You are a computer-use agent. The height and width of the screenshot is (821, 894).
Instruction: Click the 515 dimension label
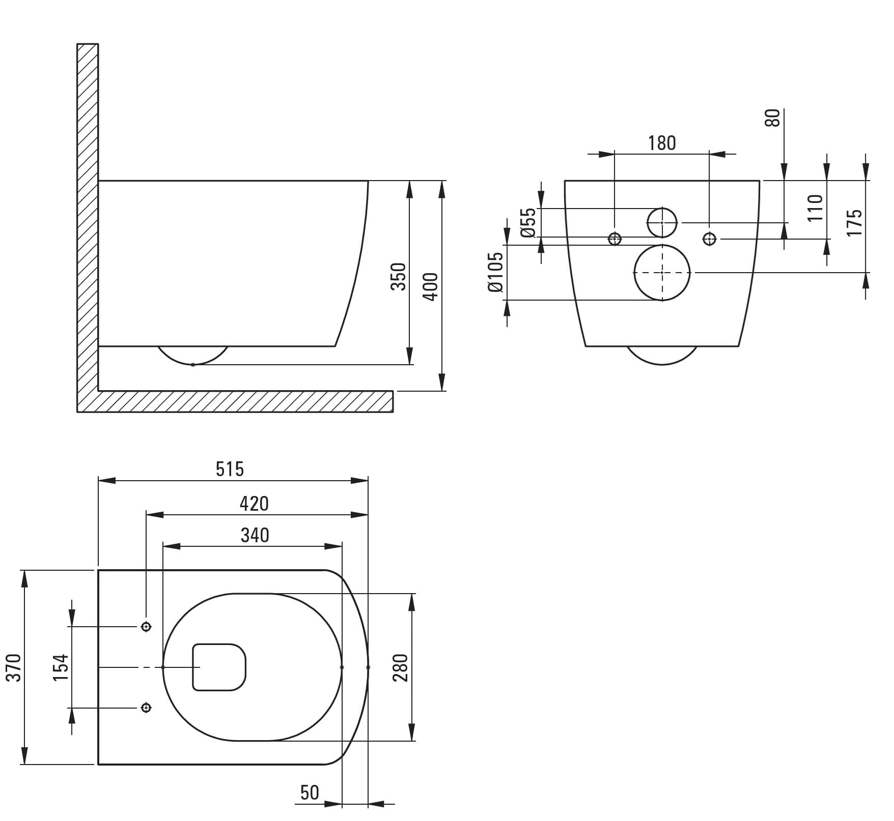click(x=230, y=469)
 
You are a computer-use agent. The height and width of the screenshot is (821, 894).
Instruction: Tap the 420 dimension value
click(x=254, y=504)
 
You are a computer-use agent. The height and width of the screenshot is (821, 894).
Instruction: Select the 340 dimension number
click(x=255, y=535)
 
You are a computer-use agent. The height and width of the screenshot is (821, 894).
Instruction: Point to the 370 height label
click(x=14, y=668)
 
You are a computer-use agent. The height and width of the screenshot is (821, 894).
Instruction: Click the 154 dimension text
click(x=61, y=668)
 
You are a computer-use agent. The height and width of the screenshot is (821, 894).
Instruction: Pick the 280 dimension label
click(x=400, y=668)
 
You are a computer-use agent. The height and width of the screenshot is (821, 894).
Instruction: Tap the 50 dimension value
click(x=310, y=793)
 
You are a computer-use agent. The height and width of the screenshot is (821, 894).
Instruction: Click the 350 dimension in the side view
click(x=399, y=277)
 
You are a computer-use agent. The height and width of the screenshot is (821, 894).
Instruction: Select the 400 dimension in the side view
click(x=431, y=287)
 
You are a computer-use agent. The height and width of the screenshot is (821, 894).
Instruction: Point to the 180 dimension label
click(x=662, y=143)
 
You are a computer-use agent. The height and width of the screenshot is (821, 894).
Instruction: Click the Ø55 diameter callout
click(x=529, y=222)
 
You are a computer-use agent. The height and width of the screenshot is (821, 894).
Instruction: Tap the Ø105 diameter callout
click(x=495, y=272)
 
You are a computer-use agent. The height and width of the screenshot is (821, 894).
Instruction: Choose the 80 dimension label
click(x=773, y=118)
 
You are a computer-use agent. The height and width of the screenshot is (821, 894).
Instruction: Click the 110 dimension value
click(x=815, y=207)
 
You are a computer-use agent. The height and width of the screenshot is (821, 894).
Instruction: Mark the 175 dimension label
click(x=855, y=222)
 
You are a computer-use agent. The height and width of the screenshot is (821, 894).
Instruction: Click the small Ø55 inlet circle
click(x=662, y=223)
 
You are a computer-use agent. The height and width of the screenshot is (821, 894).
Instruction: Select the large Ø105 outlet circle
click(x=662, y=273)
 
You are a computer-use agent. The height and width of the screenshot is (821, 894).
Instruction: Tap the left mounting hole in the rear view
click(x=615, y=238)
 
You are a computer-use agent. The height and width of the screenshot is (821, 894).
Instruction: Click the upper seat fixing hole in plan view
click(x=146, y=627)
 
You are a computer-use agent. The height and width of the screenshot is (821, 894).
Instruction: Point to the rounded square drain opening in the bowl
click(x=219, y=667)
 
